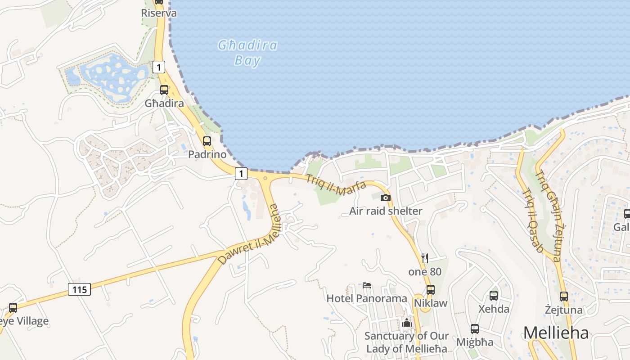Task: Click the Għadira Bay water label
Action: tap(247, 53)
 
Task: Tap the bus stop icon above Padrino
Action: tap(207, 141)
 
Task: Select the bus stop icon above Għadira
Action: tap(164, 90)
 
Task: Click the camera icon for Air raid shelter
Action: tap(386, 198)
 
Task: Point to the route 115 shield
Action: tap(80, 289)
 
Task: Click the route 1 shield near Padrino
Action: tap(242, 173)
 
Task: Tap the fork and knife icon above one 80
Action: tap(425, 258)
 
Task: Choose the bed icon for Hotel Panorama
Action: tap(367, 285)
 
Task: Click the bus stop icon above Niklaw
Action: tap(431, 290)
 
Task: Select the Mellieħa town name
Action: tap(556, 333)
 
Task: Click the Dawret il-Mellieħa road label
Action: tap(248, 235)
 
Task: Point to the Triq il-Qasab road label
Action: tap(533, 220)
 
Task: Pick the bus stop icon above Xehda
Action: tap(494, 296)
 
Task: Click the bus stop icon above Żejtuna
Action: tap(564, 297)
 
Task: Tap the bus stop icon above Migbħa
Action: tap(475, 329)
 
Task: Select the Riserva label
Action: tap(159, 13)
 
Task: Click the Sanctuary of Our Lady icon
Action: tap(407, 323)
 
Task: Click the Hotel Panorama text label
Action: tap(367, 298)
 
